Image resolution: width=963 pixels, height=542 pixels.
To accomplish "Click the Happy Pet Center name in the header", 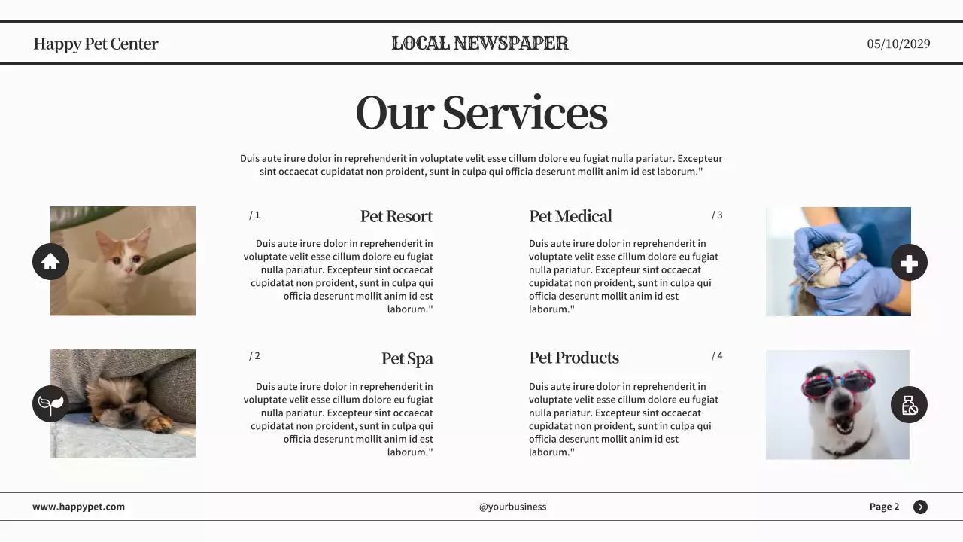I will point(96,44).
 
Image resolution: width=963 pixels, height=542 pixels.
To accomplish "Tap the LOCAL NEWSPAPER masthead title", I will point(480,44).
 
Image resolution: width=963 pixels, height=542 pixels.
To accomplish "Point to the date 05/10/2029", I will point(898,44).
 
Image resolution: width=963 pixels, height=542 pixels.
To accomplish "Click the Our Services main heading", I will point(481,113).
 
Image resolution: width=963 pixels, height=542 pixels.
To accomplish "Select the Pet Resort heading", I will point(396,217).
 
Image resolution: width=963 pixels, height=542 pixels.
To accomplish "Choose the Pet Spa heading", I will point(407,358).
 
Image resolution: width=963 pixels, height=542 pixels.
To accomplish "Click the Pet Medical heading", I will point(570,217).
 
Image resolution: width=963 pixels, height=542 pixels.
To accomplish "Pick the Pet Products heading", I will point(574,358).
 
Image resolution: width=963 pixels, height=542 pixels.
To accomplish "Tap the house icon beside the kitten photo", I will point(50,262).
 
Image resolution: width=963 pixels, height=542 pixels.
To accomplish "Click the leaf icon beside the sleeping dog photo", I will point(50,404).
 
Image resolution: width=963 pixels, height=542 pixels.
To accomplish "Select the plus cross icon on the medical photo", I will point(909,263).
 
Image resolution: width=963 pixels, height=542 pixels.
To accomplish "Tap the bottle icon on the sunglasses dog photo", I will point(909,405).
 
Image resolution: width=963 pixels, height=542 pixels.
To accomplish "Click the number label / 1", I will point(254,215).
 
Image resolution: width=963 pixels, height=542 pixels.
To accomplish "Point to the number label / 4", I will point(717,356).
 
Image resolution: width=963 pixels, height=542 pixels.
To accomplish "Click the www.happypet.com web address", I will point(78,507).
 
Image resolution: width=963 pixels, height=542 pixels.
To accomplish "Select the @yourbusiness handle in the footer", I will point(512,507).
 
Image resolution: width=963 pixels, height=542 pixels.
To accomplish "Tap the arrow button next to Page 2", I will point(920,507).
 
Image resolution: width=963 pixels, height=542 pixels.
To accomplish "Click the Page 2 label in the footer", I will point(884,507).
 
